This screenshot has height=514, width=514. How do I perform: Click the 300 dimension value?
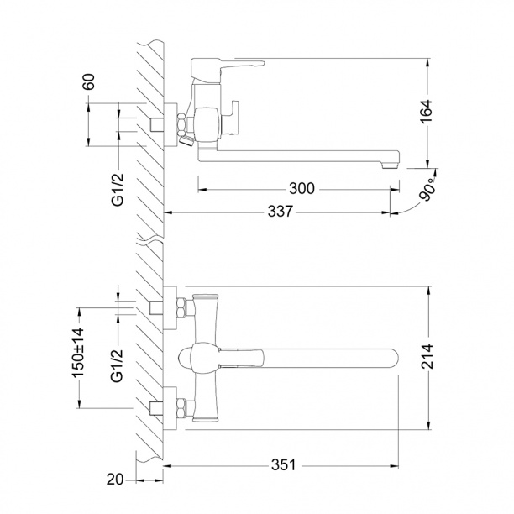302,189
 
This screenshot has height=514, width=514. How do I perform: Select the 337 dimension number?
280,212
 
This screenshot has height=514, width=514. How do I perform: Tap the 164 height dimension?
427,112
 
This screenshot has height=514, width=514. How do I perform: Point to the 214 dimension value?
427,357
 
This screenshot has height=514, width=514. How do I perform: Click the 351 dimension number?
283,464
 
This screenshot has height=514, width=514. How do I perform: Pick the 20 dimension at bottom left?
115,480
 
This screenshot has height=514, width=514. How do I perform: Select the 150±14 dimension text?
79,353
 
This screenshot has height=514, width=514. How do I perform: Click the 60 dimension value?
89,81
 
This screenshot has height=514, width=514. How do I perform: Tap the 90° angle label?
427,190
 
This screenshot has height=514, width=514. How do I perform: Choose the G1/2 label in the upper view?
118,190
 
